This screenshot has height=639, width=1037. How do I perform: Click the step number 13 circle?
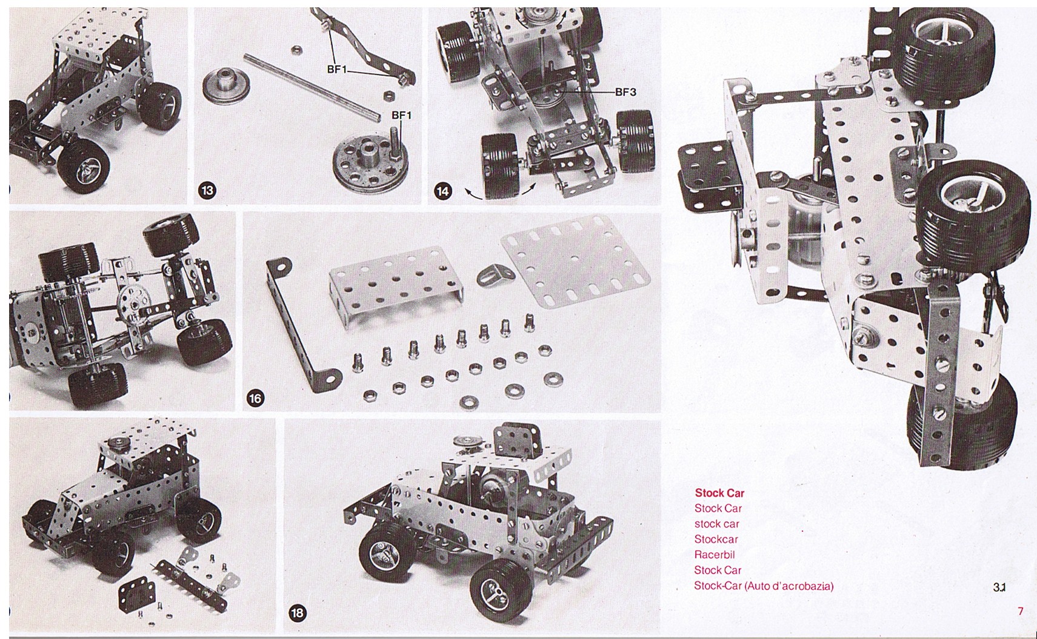tap(207, 190)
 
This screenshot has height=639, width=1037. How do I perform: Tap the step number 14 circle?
tap(442, 190)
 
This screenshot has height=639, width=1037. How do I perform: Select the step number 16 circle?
tap(255, 398)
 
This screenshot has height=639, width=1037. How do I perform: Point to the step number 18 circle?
tap(297, 613)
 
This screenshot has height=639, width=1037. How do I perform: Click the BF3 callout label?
tap(625, 92)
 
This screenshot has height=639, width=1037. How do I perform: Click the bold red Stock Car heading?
tap(719, 493)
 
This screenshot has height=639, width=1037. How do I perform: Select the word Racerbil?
tap(715, 554)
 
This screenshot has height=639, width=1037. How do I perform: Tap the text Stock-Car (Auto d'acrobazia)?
tap(764, 586)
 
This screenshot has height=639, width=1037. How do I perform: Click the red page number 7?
tap(1021, 611)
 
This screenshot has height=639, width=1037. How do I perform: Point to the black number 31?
tap(999, 587)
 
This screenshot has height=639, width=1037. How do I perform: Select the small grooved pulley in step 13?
tap(227, 85)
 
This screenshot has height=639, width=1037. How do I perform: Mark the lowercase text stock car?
tap(716, 524)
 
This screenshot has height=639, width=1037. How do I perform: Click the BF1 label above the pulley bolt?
tap(401, 114)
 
